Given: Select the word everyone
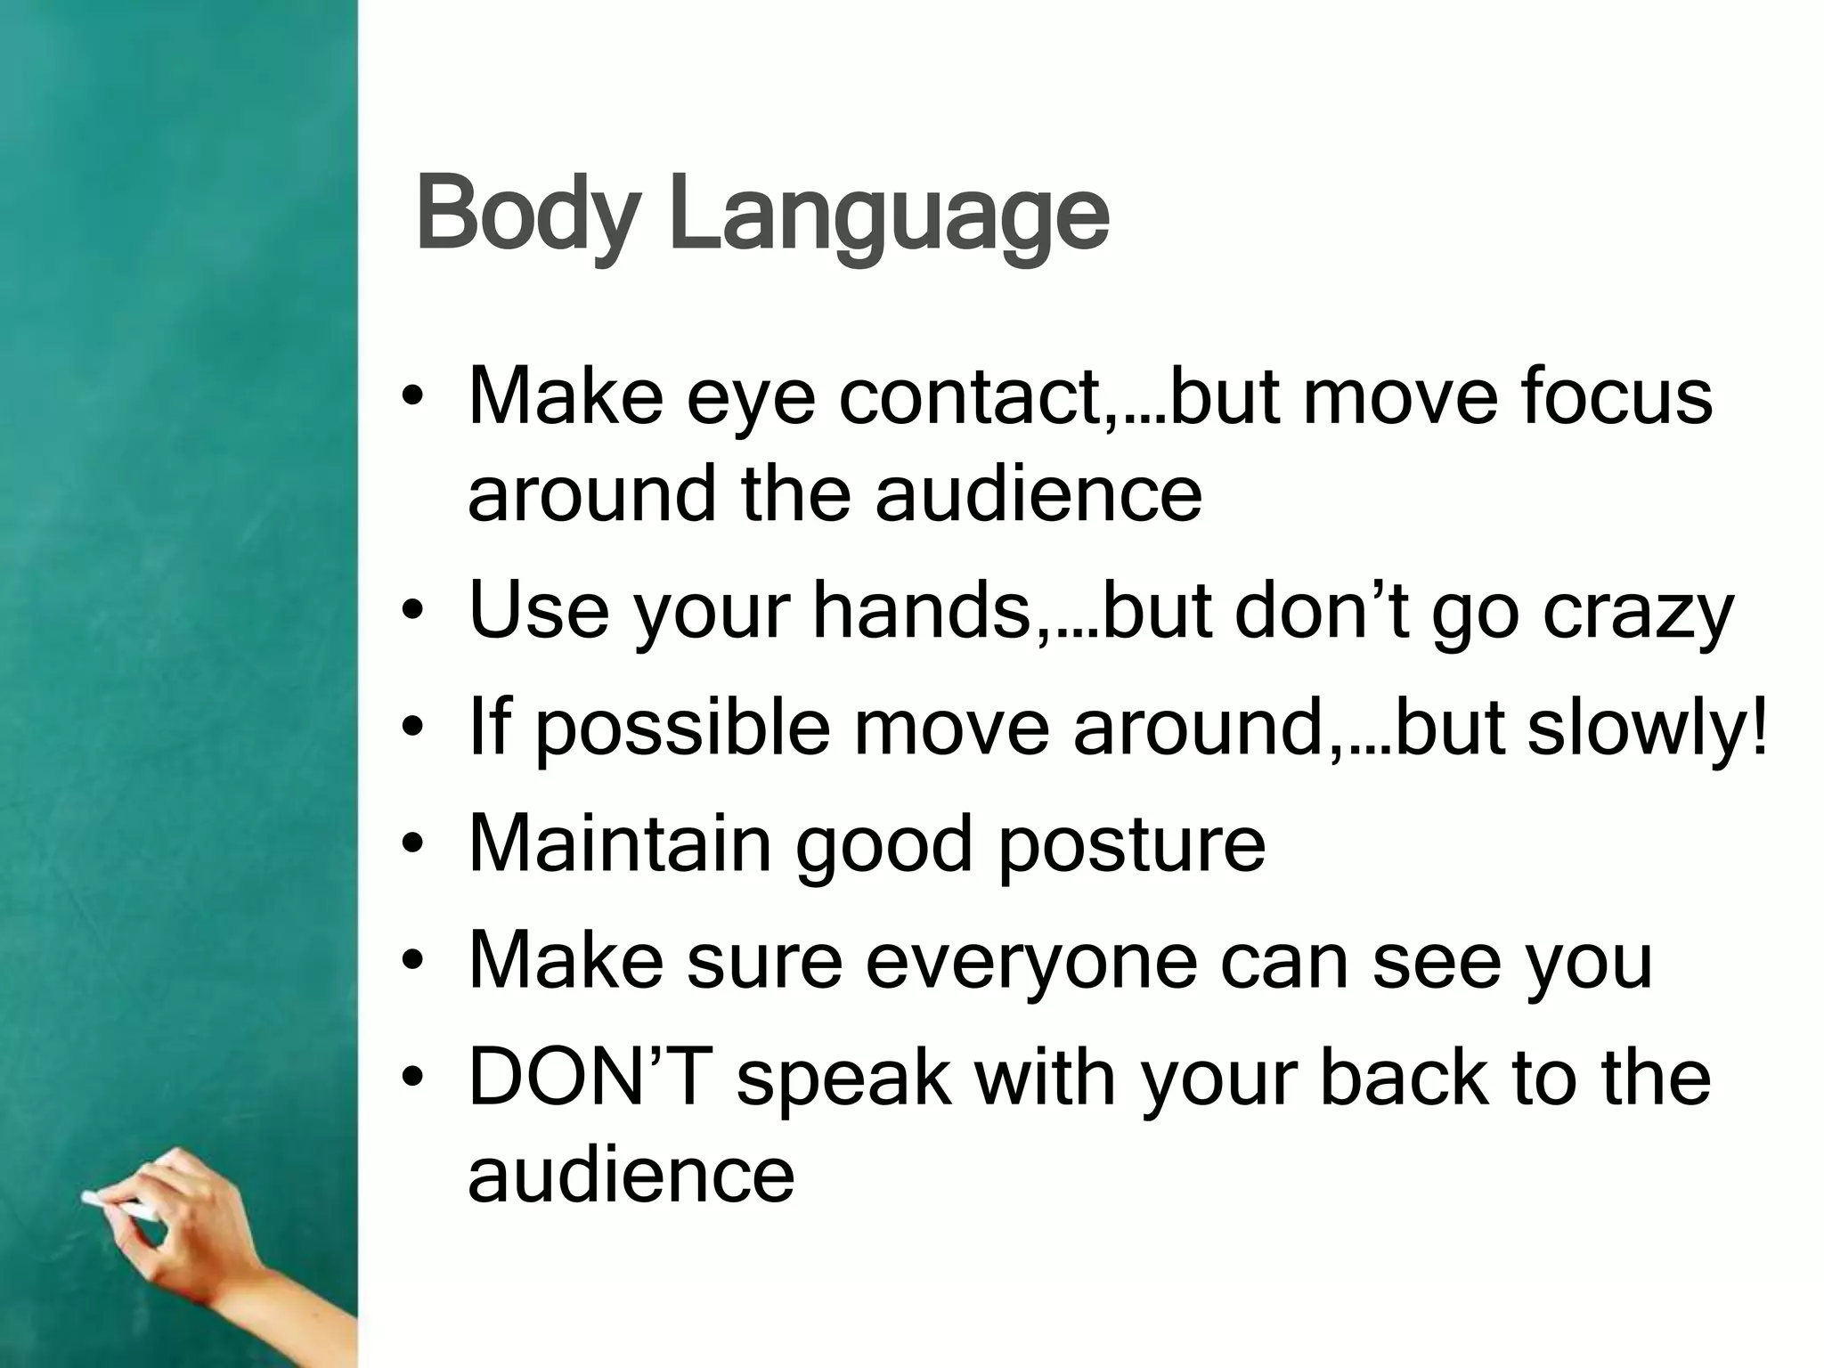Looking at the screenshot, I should (x=1032, y=963).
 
